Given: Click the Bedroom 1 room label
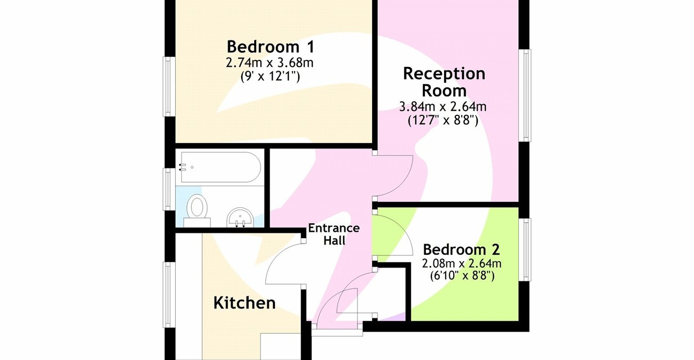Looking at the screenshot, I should [270, 46].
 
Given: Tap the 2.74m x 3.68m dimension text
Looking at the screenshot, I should [270, 62].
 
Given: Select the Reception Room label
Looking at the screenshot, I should [444, 81].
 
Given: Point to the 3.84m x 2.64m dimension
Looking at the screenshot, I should [443, 107].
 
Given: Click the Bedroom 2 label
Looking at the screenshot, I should [461, 249].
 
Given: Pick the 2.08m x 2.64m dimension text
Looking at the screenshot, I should [462, 263].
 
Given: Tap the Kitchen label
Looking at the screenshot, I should [245, 303].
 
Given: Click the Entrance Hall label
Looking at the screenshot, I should [334, 234].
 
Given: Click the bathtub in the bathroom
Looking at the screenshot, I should [220, 167].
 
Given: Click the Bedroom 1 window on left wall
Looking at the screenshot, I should [169, 86].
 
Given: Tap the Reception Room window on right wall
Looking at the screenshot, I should [526, 96].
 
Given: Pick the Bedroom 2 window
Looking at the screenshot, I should [526, 249].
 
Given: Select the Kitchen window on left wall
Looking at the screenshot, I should [169, 295].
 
